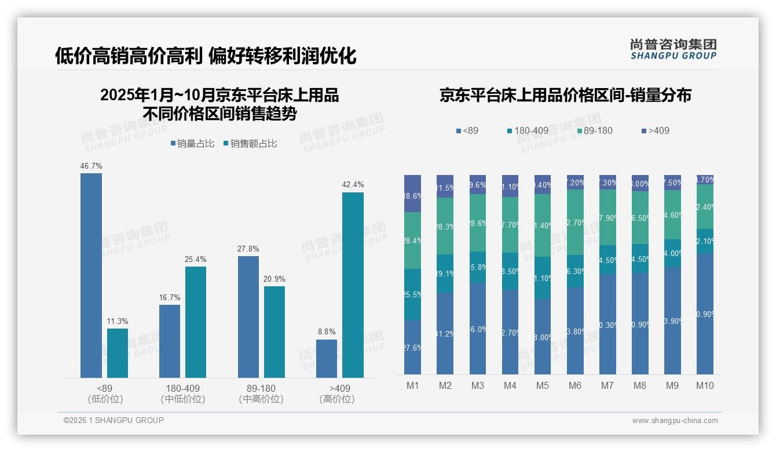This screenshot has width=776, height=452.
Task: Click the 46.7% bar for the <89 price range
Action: coord(91,275)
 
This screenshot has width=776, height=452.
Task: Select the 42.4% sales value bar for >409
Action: coord(353,285)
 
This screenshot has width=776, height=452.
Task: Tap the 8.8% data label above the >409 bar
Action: coord(327,332)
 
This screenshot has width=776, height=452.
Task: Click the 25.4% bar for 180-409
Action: coord(196,322)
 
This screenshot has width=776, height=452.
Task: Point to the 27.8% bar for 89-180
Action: coord(248,317)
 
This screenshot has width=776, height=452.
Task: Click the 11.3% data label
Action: coord(118,321)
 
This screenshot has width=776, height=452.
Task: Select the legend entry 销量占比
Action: coord(192,144)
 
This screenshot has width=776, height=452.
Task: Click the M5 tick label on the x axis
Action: coord(542,385)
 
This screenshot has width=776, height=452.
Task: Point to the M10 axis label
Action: coord(704,385)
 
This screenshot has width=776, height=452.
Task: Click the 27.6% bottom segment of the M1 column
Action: coord(412,347)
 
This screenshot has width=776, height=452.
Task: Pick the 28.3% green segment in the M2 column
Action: coord(445,227)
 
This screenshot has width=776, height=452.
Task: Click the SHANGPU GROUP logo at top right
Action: coord(673,49)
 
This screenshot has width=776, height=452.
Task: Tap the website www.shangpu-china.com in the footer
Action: coord(675,421)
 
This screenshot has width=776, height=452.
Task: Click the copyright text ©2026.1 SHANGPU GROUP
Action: coord(114,420)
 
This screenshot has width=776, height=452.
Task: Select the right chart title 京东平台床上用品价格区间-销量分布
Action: coord(565,96)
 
